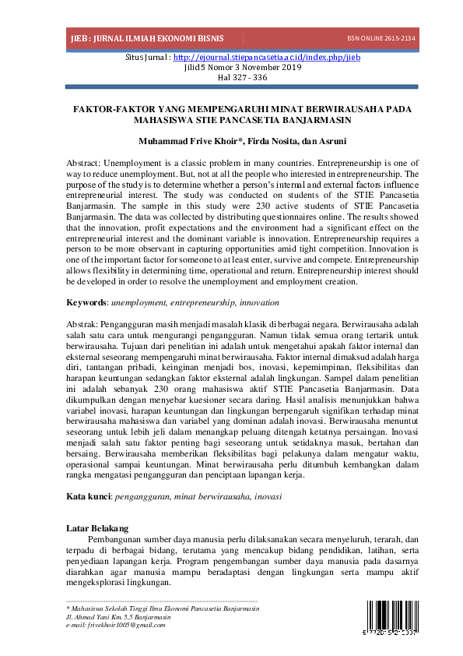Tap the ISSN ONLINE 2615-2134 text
coord(381,37)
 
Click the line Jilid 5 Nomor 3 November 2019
coord(231,67)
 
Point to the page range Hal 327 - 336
coord(231,77)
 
